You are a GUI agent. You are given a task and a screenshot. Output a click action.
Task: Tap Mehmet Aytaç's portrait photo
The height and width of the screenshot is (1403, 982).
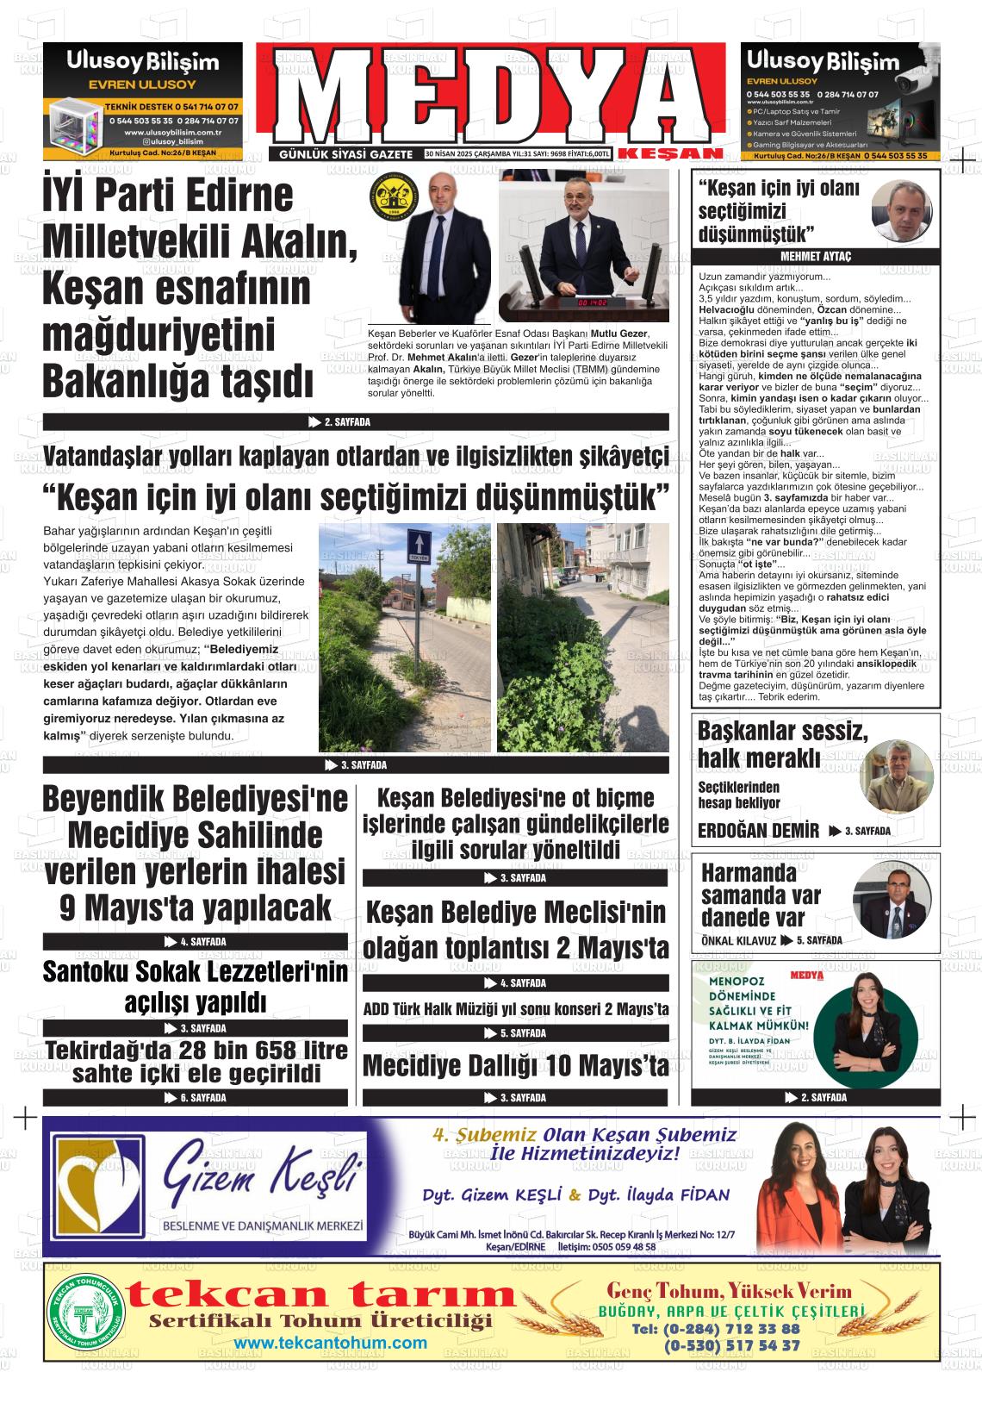pyautogui.click(x=904, y=212)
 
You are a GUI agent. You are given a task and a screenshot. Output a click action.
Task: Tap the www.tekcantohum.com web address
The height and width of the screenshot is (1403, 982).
pyautogui.click(x=330, y=1343)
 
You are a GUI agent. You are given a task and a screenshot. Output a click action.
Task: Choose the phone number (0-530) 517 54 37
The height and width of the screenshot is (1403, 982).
pyautogui.click(x=731, y=1345)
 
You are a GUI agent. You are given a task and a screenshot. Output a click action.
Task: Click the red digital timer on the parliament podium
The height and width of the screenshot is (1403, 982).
pyautogui.click(x=594, y=303)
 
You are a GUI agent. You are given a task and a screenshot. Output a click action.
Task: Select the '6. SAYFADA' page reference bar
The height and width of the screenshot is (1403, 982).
pyautogui.click(x=196, y=1097)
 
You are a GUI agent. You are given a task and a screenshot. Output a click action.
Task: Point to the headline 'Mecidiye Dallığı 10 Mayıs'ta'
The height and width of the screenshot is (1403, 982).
pyautogui.click(x=515, y=1065)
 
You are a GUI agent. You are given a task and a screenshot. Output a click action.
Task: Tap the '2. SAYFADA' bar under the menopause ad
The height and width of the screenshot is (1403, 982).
pyautogui.click(x=815, y=1097)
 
